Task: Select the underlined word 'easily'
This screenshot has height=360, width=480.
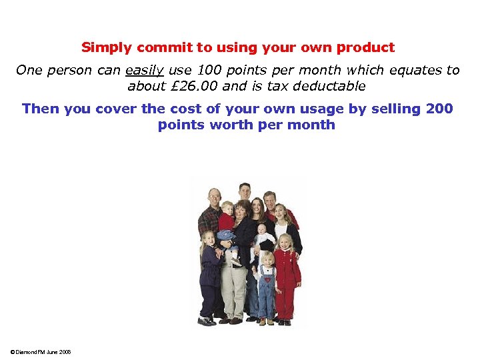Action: [144, 70]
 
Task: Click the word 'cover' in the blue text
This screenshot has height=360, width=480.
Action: [117, 109]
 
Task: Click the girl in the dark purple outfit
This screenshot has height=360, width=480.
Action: [209, 273]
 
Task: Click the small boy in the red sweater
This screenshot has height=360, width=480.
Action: [227, 220]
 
